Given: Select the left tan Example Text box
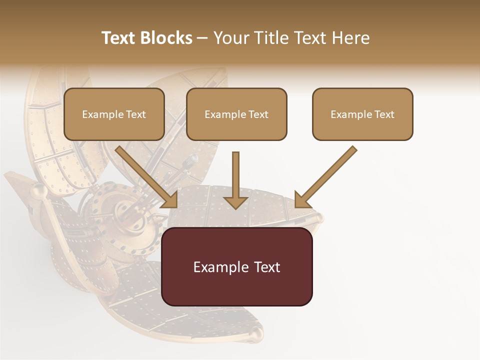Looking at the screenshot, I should (x=114, y=114).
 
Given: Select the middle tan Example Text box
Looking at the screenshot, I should (x=236, y=114).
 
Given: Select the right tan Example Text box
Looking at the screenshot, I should (x=362, y=114).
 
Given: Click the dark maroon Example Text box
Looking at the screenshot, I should (x=236, y=266).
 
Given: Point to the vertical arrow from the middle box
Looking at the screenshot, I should (x=235, y=175).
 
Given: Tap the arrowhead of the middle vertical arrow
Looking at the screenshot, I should (x=235, y=201).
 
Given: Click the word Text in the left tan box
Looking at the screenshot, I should (x=135, y=114).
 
